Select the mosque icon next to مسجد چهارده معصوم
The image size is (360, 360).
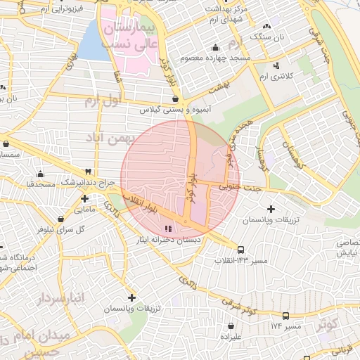click(x=215, y=47)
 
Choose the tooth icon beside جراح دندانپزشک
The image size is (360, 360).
click(x=88, y=172)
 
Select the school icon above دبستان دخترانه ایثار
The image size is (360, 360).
click(x=167, y=229)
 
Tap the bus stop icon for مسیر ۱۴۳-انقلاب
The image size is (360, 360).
click(x=241, y=250)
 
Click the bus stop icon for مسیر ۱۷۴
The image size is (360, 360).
click(x=285, y=316)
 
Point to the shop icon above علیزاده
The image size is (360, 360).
click(x=231, y=326)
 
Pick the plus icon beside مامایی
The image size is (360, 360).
click(x=85, y=199)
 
